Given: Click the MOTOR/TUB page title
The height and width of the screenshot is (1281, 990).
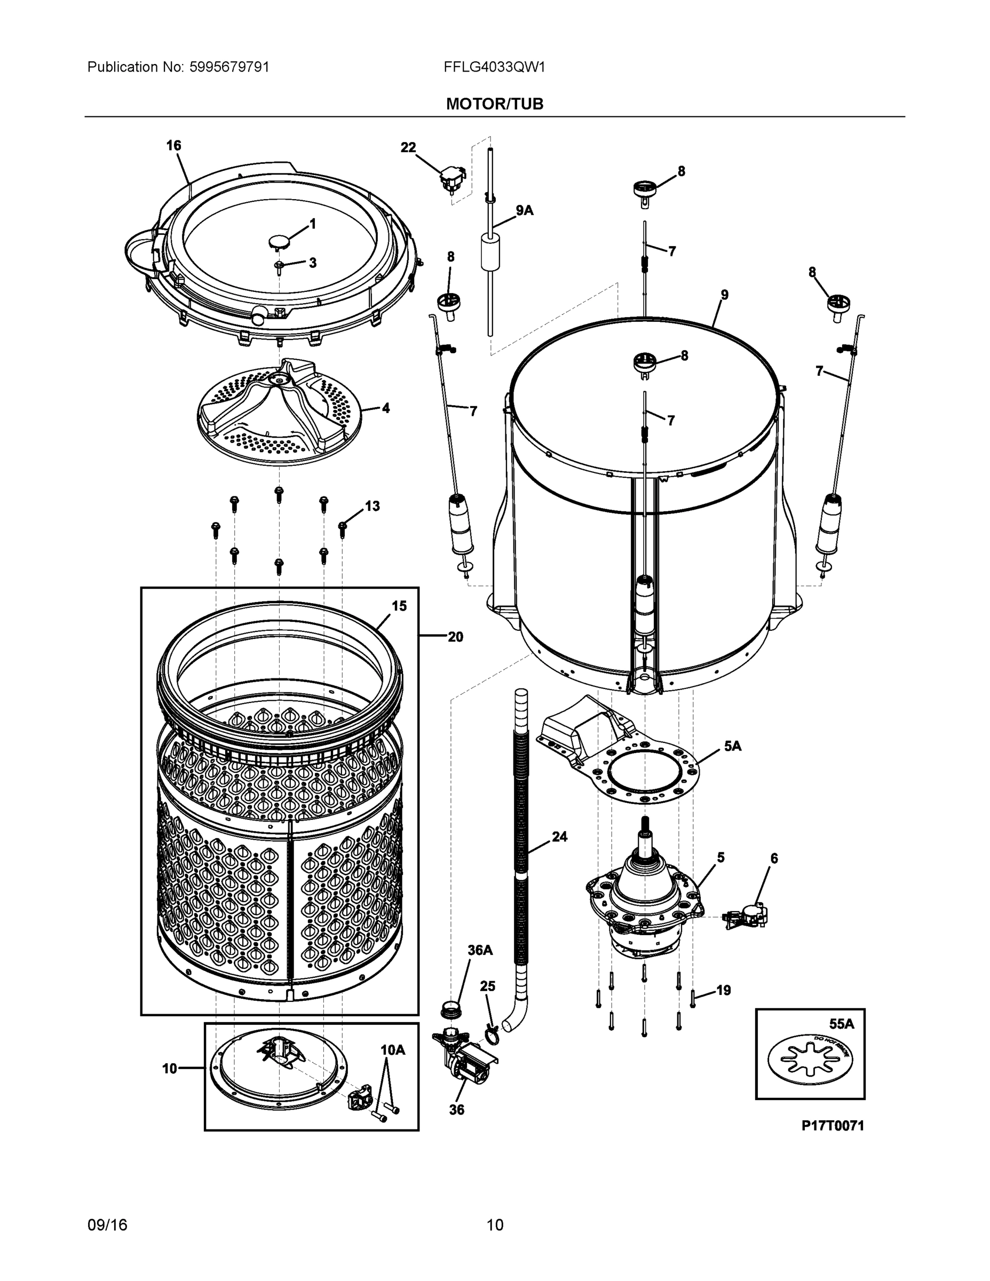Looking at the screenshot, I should (x=494, y=104).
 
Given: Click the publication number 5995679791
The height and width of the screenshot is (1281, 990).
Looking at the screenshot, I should (x=229, y=67).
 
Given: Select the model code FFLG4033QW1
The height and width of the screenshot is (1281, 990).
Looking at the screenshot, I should (x=494, y=67).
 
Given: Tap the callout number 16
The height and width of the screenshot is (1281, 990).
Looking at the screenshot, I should (x=173, y=146).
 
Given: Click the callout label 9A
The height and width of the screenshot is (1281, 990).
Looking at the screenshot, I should (x=524, y=210).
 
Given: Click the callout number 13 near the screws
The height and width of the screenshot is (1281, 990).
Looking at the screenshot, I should (x=373, y=505).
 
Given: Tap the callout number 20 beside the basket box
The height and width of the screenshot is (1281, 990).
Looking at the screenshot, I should (x=455, y=636).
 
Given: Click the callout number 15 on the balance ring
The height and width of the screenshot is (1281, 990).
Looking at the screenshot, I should (x=399, y=606).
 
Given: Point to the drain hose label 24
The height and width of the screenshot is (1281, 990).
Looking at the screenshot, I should (x=559, y=836).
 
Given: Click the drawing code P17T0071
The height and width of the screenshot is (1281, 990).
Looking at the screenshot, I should (x=833, y=1126).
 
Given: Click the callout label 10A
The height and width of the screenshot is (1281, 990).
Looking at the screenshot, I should (x=392, y=1050).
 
